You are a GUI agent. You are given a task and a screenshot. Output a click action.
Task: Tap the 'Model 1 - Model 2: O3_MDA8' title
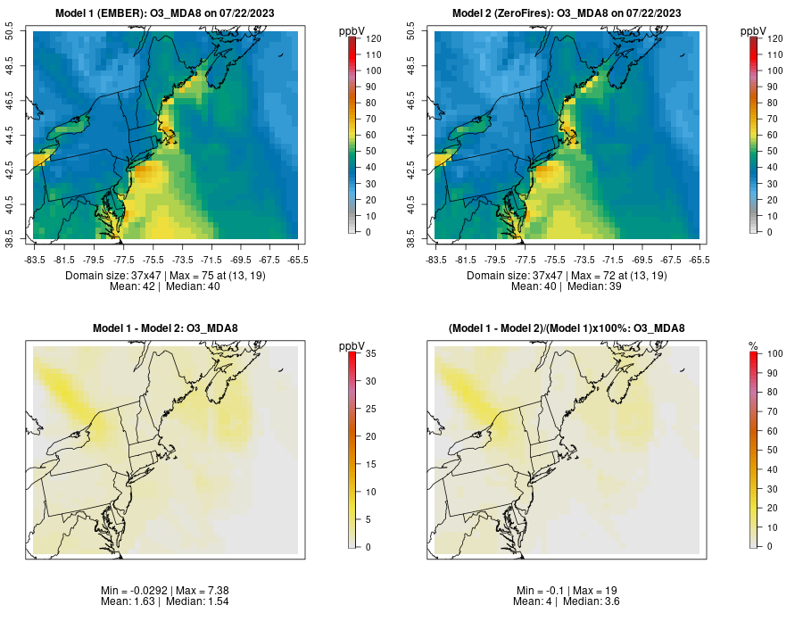click(x=165, y=328)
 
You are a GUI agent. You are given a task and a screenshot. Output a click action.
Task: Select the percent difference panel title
click(x=567, y=328)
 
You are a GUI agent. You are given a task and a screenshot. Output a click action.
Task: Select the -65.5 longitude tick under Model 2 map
click(x=700, y=259)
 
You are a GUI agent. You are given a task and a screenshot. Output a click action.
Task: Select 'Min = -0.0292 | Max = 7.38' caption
click(x=165, y=591)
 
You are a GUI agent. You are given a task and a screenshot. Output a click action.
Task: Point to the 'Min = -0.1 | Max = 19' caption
click(x=567, y=591)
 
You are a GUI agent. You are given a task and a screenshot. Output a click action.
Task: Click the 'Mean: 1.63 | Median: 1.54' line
click(x=165, y=602)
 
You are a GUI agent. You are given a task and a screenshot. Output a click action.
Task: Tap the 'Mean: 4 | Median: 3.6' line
click(x=567, y=602)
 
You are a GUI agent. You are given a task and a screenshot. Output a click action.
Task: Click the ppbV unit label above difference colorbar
click(x=352, y=345)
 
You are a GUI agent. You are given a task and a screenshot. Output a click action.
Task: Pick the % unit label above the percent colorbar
click(x=753, y=345)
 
